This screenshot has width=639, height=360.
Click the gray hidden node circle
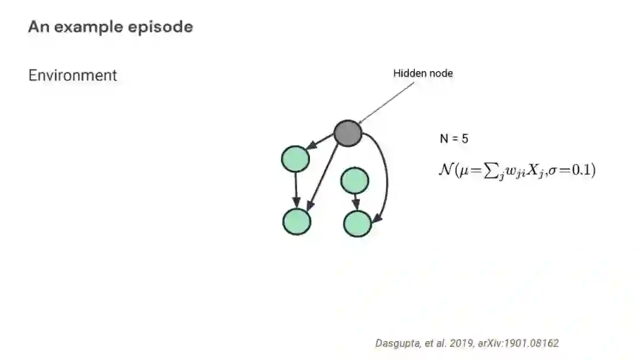point(348,133)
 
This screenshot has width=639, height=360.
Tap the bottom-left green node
point(296,221)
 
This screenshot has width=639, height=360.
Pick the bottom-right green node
point(357,223)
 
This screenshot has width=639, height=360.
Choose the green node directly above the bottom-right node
point(355,180)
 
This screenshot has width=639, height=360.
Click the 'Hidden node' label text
point(423,73)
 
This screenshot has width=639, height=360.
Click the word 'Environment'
point(73,75)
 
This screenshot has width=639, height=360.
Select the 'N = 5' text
point(454,139)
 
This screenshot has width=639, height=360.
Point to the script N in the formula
point(445,170)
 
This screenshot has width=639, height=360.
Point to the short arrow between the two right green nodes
point(356,201)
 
